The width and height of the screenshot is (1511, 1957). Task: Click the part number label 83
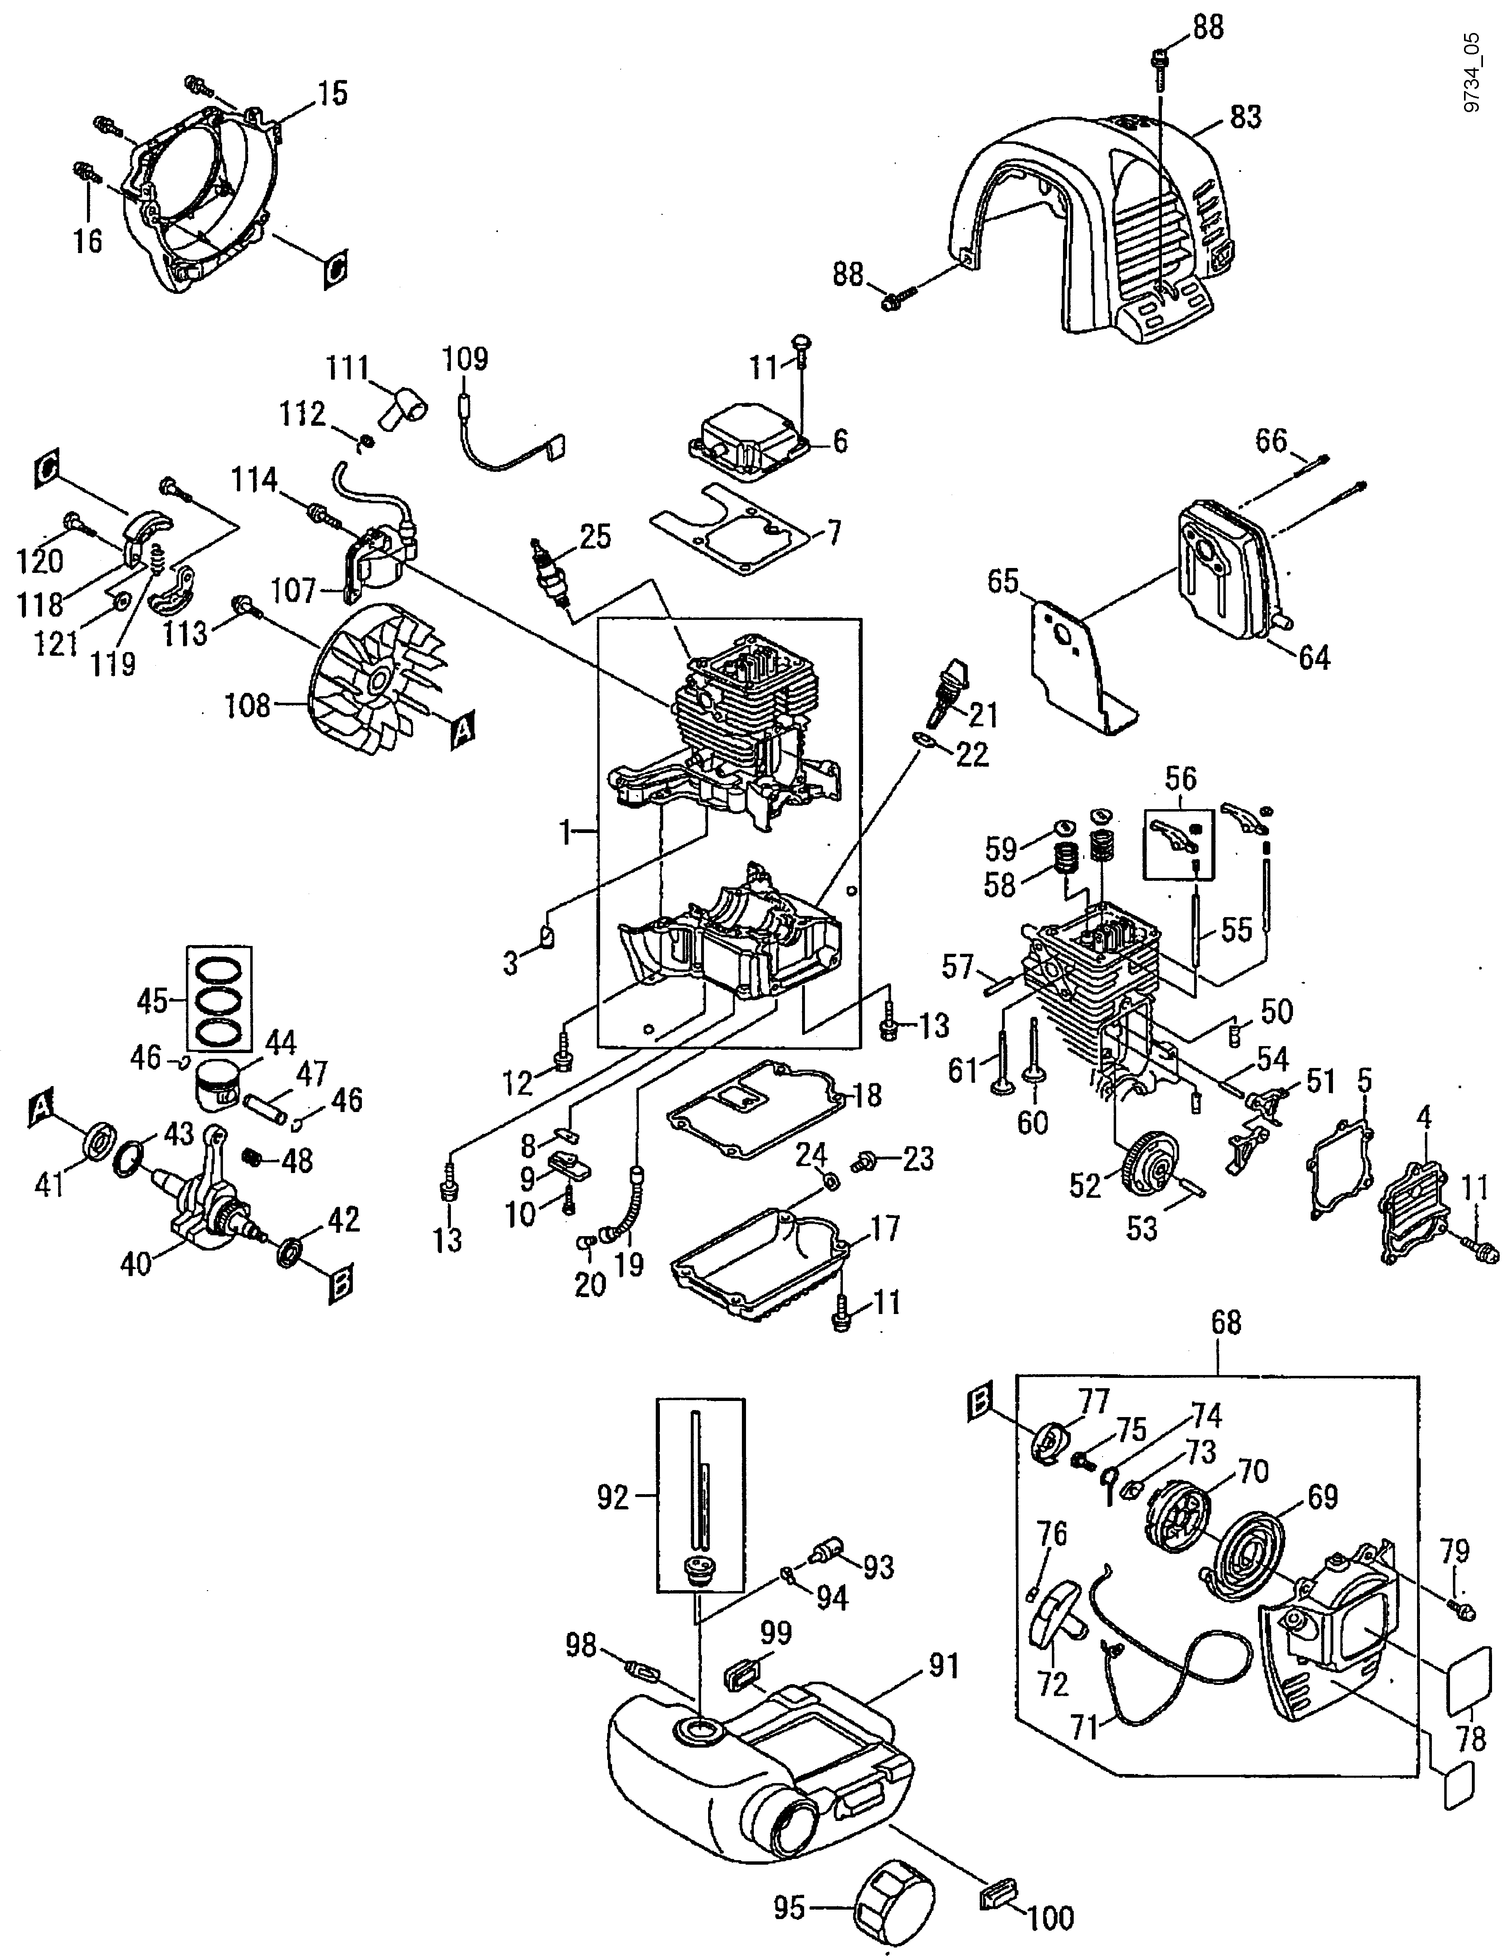1245,117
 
